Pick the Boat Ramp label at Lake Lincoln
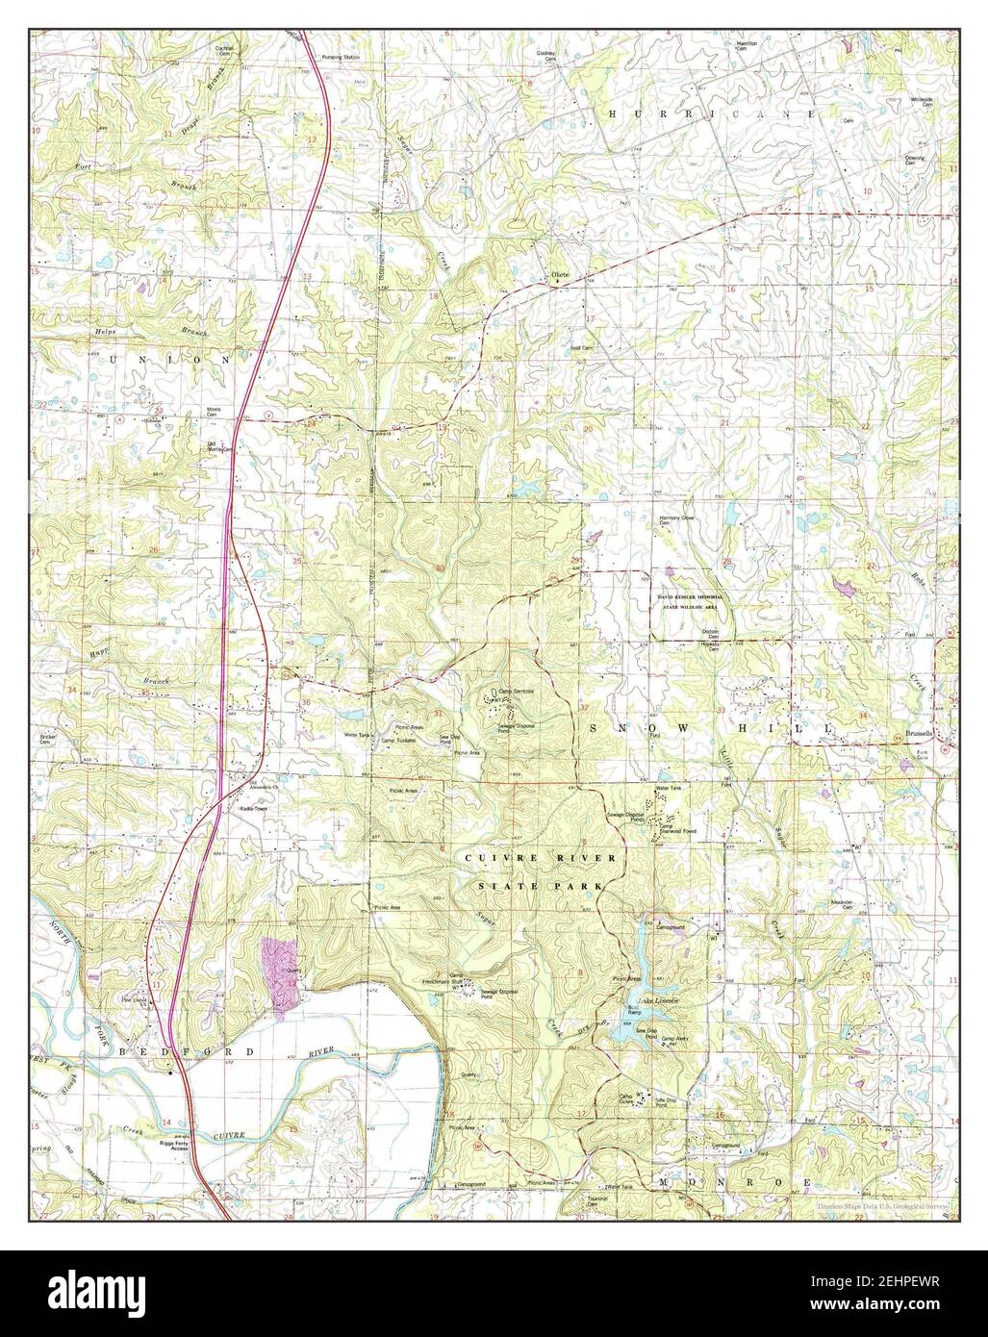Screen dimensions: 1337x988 pyautogui.click(x=634, y=1011)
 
